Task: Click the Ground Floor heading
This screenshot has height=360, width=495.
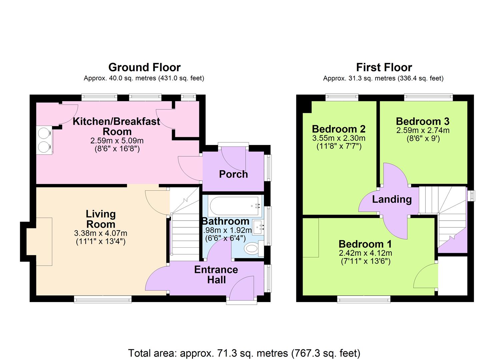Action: pyautogui.click(x=144, y=67)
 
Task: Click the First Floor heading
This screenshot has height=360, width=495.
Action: pyautogui.click(x=384, y=67)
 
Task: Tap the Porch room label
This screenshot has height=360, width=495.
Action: pyautogui.click(x=233, y=174)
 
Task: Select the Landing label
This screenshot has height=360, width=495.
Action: pyautogui.click(x=392, y=199)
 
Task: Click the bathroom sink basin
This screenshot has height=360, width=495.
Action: pyautogui.click(x=258, y=227)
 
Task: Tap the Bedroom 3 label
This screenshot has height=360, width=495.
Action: pyautogui.click(x=422, y=121)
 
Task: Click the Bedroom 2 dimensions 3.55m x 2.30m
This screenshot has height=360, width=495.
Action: pyautogui.click(x=339, y=138)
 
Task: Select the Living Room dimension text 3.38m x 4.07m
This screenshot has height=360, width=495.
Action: pyautogui.click(x=101, y=233)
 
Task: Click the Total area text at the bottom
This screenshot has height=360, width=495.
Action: pyautogui.click(x=244, y=353)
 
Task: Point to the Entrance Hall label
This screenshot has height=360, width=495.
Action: pyautogui.click(x=216, y=275)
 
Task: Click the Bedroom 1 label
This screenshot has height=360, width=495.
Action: pyautogui.click(x=365, y=244)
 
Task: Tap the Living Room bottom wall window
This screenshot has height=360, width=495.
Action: pyautogui.click(x=103, y=300)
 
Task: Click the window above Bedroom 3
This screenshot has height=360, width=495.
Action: pyautogui.click(x=428, y=97)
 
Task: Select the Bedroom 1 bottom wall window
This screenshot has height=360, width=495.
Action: pyautogui.click(x=364, y=300)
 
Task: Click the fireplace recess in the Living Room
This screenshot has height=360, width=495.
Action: pyautogui.click(x=39, y=241)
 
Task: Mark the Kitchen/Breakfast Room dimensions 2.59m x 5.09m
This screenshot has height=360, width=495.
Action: pyautogui.click(x=117, y=141)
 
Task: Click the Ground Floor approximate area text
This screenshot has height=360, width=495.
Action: pyautogui.click(x=144, y=78)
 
